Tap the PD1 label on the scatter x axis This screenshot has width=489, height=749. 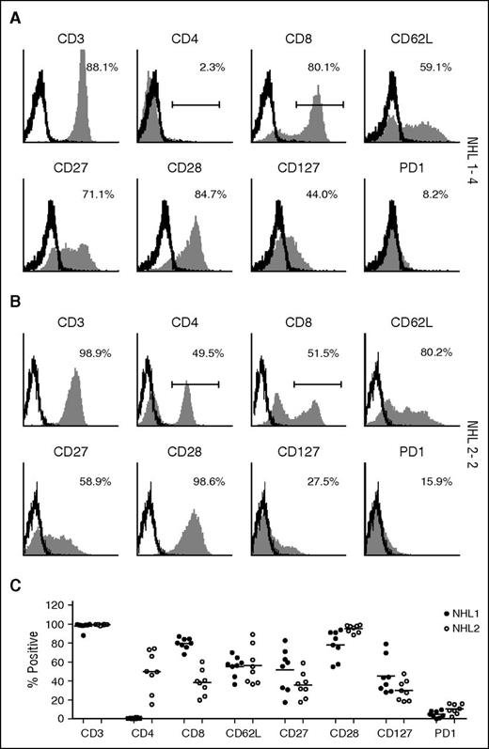tap(436, 736)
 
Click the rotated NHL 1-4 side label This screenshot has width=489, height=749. tap(477, 155)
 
